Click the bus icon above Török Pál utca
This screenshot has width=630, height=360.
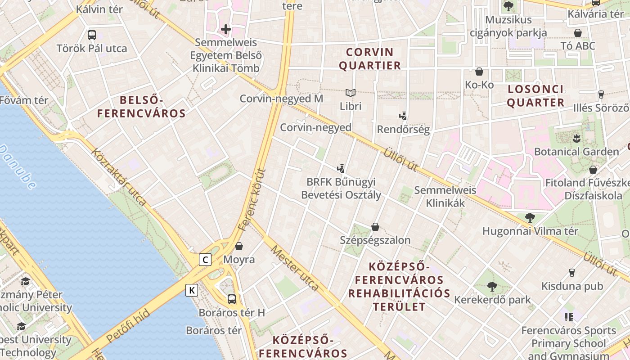(92, 35)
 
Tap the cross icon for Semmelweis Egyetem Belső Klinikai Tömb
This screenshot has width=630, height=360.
(226, 30)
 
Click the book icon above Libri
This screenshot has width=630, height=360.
(351, 93)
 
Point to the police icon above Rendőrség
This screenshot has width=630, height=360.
(403, 116)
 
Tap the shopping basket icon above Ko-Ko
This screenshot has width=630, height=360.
(479, 72)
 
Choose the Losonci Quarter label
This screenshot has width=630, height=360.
(535, 96)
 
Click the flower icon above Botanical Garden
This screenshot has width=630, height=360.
(576, 137)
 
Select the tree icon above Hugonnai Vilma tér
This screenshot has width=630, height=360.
(530, 218)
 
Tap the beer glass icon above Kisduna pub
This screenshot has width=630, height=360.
(571, 273)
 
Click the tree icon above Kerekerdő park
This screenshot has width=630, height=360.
(492, 286)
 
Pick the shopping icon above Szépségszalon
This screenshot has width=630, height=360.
(375, 227)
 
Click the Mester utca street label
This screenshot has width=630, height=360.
(295, 268)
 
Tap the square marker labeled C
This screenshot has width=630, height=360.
(206, 260)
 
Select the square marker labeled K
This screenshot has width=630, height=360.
(192, 290)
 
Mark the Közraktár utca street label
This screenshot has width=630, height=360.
(119, 177)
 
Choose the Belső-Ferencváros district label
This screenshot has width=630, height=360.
(141, 107)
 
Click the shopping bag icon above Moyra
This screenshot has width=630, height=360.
(239, 246)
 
